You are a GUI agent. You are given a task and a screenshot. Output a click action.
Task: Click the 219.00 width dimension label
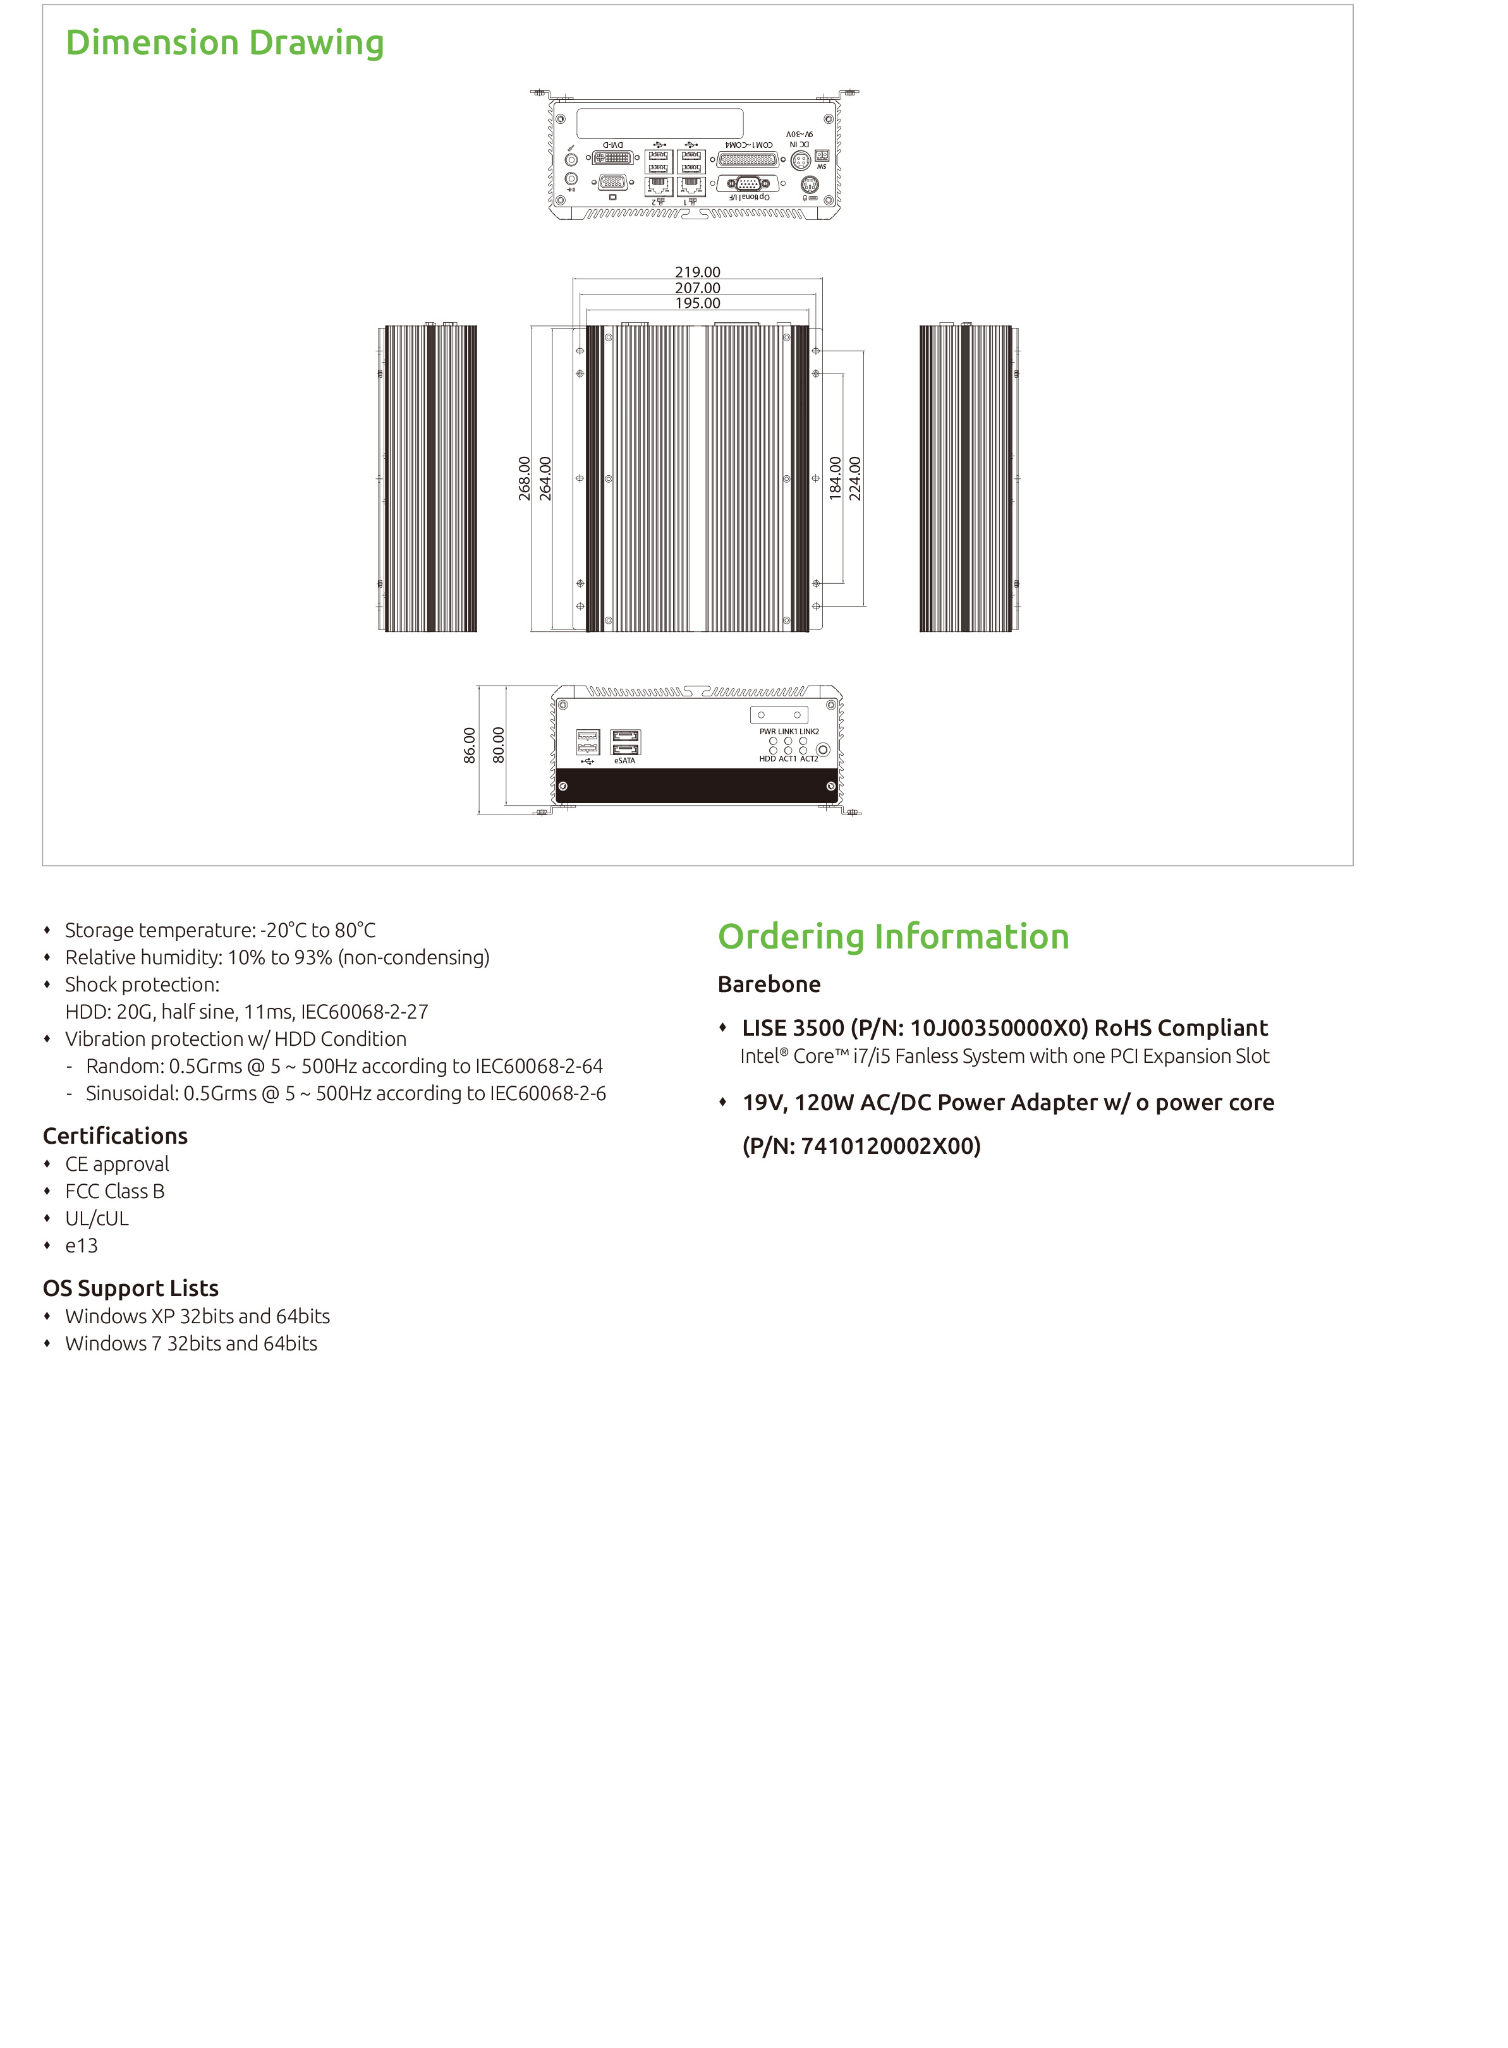coord(697,272)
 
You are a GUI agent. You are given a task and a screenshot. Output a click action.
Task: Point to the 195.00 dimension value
coord(697,303)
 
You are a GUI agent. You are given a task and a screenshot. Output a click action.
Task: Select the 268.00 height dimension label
coord(525,478)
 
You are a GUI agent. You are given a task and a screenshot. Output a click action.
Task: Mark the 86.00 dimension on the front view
coord(469,745)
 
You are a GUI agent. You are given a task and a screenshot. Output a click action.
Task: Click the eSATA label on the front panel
coord(624,760)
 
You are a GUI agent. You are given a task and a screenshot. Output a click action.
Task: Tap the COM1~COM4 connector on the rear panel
coord(748,160)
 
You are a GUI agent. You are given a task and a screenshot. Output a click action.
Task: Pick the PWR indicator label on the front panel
coord(767,731)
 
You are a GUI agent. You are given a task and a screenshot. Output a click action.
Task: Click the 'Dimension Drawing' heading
coord(224,43)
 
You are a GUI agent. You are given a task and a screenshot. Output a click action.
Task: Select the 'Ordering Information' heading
coord(893,936)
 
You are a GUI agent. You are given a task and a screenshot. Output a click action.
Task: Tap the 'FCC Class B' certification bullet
coord(115,1191)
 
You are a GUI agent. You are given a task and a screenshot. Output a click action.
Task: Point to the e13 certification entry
coord(82,1245)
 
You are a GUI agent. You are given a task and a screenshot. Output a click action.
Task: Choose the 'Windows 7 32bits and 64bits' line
coord(191,1343)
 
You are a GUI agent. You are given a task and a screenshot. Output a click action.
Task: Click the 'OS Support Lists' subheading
coord(131,1288)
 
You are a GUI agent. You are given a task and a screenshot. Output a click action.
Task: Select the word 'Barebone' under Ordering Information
coord(769,984)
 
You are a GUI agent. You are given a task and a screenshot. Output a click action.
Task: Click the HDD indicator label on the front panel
coord(767,758)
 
